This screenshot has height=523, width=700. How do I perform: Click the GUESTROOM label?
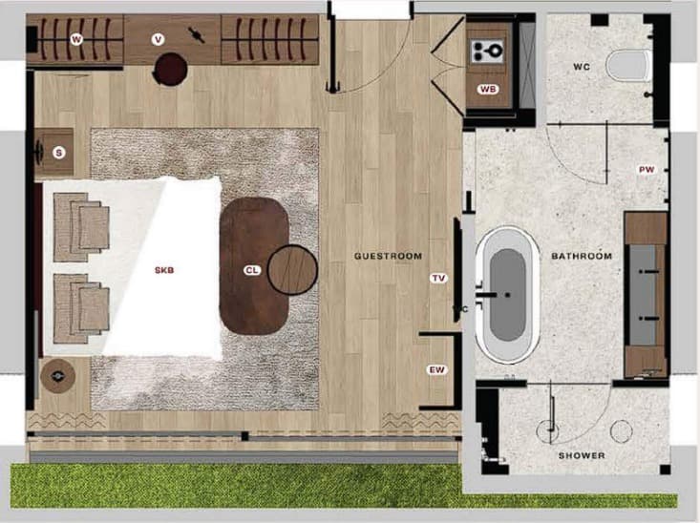(x=388, y=256)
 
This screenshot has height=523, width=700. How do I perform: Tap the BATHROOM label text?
(x=582, y=256)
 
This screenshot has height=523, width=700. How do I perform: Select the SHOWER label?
(x=582, y=455)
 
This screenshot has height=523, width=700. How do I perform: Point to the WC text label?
(x=582, y=67)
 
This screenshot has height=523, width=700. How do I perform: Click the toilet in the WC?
(x=628, y=66)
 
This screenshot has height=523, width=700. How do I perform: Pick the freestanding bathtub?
(x=508, y=295)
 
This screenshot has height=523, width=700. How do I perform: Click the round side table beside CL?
(x=292, y=270)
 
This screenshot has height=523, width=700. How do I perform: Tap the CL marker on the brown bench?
(x=252, y=270)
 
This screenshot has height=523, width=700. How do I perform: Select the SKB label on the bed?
(x=164, y=270)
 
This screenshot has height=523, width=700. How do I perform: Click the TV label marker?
(x=438, y=278)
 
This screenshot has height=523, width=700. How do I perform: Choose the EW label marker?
(x=437, y=369)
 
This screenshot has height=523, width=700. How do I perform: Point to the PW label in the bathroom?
(x=647, y=170)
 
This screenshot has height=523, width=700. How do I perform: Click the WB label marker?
(x=488, y=89)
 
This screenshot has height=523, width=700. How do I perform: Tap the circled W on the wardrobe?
(x=76, y=40)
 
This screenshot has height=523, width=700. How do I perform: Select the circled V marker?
(x=158, y=40)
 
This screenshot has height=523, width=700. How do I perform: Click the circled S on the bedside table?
(x=58, y=153)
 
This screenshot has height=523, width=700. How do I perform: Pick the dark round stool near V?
(x=170, y=69)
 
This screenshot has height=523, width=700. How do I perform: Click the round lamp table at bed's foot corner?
(x=57, y=376)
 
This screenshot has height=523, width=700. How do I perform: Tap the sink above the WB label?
(x=488, y=51)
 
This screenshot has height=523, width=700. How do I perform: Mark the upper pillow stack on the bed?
(x=81, y=227)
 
